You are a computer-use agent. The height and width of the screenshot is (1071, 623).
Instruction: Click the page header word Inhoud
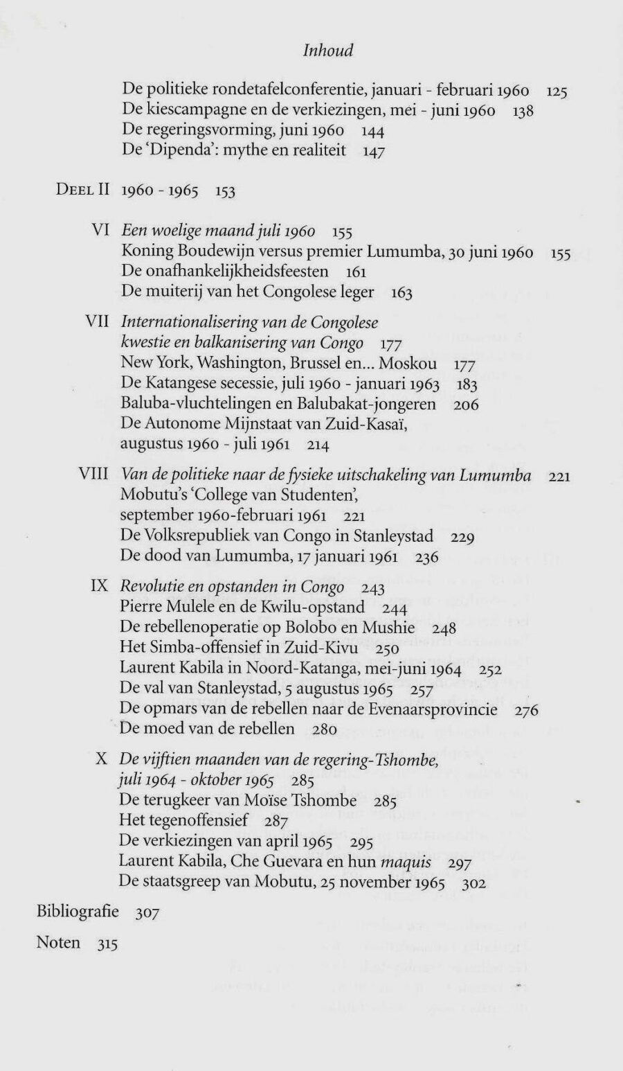(x=328, y=51)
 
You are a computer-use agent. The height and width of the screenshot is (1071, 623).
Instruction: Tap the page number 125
(x=557, y=91)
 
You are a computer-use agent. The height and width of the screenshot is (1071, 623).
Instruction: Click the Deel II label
(x=82, y=190)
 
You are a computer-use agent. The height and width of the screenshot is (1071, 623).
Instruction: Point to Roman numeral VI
(x=101, y=230)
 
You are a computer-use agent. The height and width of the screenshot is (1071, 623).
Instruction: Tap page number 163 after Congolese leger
(x=401, y=293)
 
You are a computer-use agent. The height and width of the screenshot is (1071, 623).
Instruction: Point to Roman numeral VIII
(x=94, y=475)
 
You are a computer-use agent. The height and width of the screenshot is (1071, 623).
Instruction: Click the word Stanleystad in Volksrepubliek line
(x=393, y=535)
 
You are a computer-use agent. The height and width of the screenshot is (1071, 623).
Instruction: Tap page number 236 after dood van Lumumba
(x=426, y=557)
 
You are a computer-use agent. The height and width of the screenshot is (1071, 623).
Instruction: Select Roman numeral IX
(x=99, y=586)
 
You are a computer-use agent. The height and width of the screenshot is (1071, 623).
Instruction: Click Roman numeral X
(x=101, y=759)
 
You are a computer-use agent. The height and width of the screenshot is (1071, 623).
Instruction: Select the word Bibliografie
(x=78, y=912)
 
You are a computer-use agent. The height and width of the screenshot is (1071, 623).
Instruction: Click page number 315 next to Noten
(x=107, y=944)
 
